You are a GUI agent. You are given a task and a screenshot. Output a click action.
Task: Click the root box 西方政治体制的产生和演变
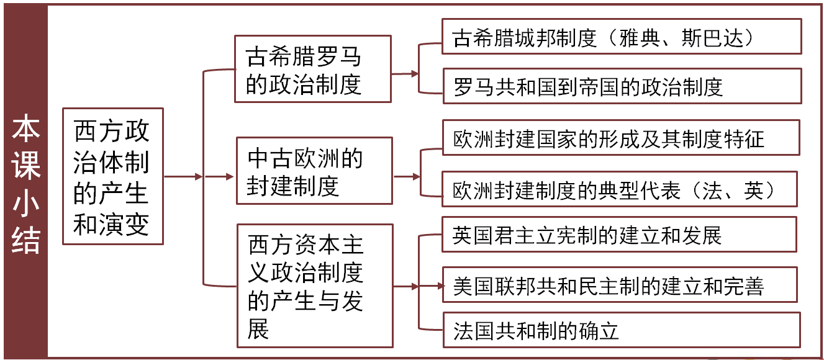(x=112, y=176)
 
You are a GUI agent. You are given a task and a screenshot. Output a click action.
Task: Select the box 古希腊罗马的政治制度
(x=312, y=68)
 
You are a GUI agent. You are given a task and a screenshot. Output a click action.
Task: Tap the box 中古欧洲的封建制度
(x=314, y=170)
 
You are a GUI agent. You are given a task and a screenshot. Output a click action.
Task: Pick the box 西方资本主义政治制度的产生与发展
(x=315, y=285)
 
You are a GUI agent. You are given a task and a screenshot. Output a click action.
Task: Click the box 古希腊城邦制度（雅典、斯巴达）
(x=621, y=37)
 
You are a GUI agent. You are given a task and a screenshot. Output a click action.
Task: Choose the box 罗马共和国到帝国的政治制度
(x=621, y=86)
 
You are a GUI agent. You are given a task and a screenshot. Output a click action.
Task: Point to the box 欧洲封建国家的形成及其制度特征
(x=620, y=137)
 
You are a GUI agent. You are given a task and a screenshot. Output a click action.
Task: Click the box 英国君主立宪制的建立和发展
(x=618, y=234)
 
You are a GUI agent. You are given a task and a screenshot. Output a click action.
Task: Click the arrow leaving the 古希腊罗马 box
(x=405, y=73)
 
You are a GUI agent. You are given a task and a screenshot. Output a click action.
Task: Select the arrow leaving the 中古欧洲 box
(x=407, y=176)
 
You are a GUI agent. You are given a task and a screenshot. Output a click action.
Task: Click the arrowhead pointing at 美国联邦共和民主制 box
(x=440, y=286)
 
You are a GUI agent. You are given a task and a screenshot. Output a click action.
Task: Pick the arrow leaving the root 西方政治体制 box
(x=183, y=176)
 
